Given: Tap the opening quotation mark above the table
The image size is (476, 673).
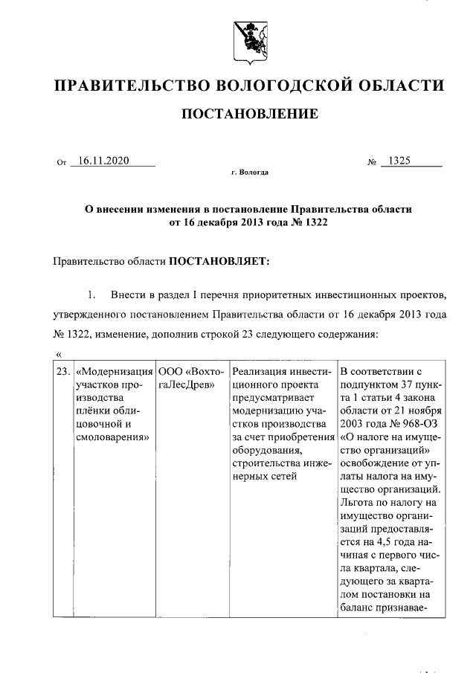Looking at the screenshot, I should (59, 352).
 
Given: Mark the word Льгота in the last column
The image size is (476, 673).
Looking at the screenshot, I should (356, 504).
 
